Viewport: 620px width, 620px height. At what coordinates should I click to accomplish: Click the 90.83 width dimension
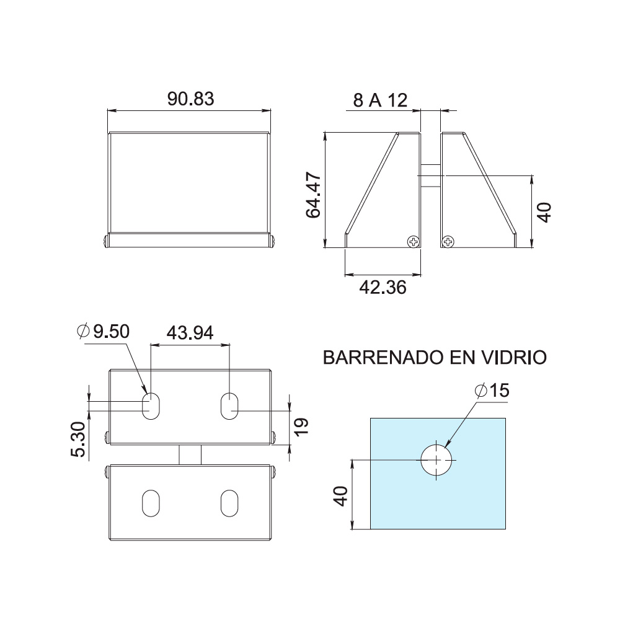[x=190, y=99]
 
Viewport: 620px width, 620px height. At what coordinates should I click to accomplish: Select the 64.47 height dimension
[x=314, y=195]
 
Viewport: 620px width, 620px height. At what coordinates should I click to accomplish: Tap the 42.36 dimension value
[x=383, y=288]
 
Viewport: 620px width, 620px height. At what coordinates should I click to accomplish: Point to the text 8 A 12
[x=380, y=100]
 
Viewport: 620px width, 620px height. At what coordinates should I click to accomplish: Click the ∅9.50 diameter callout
[x=103, y=331]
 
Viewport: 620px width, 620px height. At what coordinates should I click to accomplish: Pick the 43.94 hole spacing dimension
[x=190, y=333]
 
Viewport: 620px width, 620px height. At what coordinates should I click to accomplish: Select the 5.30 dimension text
[x=78, y=440]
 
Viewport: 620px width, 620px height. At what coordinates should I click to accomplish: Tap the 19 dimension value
[x=301, y=427]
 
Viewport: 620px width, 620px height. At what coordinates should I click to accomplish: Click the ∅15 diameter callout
[x=492, y=391]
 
